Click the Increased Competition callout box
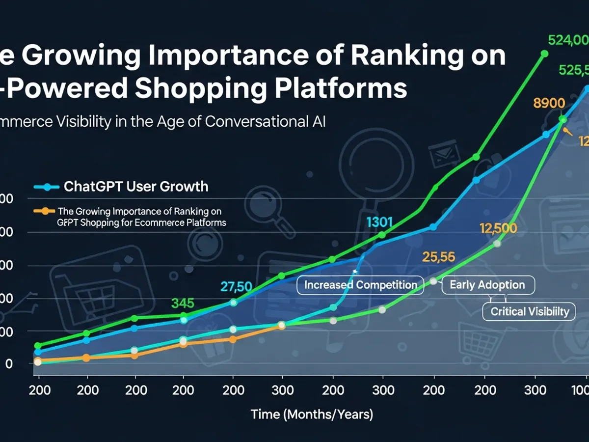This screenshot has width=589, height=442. [360, 285]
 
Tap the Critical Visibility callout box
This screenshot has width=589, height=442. [530, 311]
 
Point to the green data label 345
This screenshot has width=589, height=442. [183, 303]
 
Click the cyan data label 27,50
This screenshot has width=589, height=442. [236, 286]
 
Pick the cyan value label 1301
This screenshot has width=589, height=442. [379, 222]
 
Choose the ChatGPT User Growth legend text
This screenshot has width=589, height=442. [136, 187]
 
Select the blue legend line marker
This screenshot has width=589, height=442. [47, 187]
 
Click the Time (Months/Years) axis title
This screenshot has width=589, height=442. [312, 414]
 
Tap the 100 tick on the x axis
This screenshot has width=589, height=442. [582, 390]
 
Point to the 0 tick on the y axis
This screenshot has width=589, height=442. [8, 364]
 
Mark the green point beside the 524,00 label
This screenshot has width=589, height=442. [544, 53]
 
